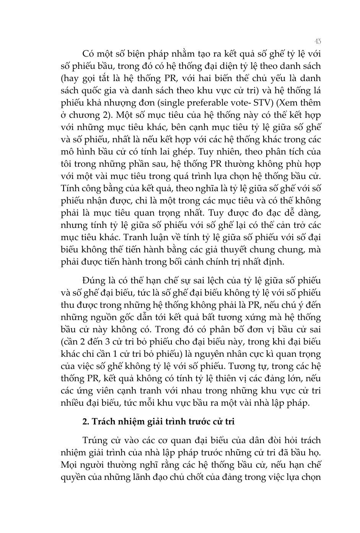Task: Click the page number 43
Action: (317, 41)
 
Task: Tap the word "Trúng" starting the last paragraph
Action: (94, 440)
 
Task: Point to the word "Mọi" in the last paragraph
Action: (69, 464)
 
